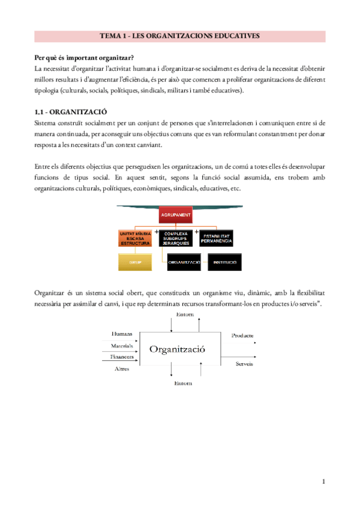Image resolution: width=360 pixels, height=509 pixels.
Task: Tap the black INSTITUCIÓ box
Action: pyautogui.click(x=226, y=262)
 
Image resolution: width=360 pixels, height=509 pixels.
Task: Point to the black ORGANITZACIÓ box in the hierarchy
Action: pyautogui.click(x=184, y=262)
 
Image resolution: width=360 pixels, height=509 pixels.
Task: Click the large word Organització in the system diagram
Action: pyautogui.click(x=177, y=348)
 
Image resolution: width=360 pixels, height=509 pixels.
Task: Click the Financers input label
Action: pyautogui.click(x=121, y=357)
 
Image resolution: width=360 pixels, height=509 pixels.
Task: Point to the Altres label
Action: pyautogui.click(x=122, y=369)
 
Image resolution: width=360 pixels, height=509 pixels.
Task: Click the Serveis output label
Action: pyautogui.click(x=244, y=364)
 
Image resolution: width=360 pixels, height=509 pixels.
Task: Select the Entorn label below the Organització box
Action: pyautogui.click(x=182, y=382)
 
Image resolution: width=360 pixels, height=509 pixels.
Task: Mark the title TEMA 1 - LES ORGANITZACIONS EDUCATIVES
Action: pyautogui.click(x=179, y=36)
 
